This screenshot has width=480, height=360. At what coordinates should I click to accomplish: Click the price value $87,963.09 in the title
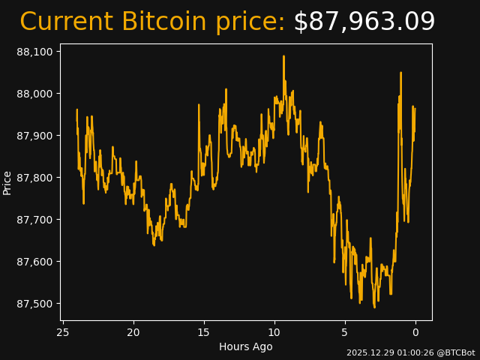(364, 22)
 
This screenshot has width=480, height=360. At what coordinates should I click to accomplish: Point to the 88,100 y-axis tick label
(35, 52)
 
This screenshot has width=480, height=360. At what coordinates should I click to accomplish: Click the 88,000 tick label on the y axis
(35, 94)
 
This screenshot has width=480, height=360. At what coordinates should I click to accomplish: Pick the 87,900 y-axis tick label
(35, 136)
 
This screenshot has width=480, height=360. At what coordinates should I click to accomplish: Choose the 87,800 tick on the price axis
(35, 178)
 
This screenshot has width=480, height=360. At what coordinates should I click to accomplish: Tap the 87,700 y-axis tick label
(35, 220)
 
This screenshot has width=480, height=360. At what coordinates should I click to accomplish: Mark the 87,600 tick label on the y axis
(35, 262)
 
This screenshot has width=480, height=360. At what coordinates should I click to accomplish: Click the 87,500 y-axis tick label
(35, 304)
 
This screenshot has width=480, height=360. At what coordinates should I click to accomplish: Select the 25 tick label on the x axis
(63, 332)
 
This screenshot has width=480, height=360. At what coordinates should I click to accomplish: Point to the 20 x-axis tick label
(133, 332)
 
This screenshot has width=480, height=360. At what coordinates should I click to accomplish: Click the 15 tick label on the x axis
(204, 332)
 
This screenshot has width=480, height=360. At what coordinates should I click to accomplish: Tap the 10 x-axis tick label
(274, 332)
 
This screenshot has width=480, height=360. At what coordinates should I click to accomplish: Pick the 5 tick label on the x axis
(345, 332)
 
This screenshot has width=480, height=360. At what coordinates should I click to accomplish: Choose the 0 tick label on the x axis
(415, 332)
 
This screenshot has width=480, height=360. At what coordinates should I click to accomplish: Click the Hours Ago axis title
(246, 346)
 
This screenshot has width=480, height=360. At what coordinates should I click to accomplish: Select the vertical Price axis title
(7, 182)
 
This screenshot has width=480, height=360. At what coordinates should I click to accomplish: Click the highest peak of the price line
(283, 56)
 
